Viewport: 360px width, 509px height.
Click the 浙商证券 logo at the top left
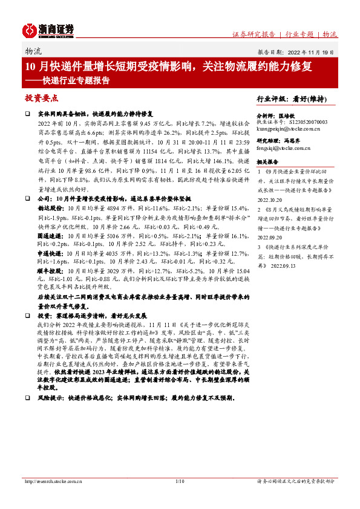[48, 30]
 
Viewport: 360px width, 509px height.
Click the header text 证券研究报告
[254, 34]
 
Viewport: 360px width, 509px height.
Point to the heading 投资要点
[41, 97]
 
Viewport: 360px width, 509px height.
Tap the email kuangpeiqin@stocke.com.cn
[292, 129]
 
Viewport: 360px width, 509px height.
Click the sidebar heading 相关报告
[267, 162]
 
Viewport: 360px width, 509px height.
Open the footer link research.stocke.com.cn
[52, 481]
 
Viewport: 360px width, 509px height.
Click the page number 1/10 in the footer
[179, 481]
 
